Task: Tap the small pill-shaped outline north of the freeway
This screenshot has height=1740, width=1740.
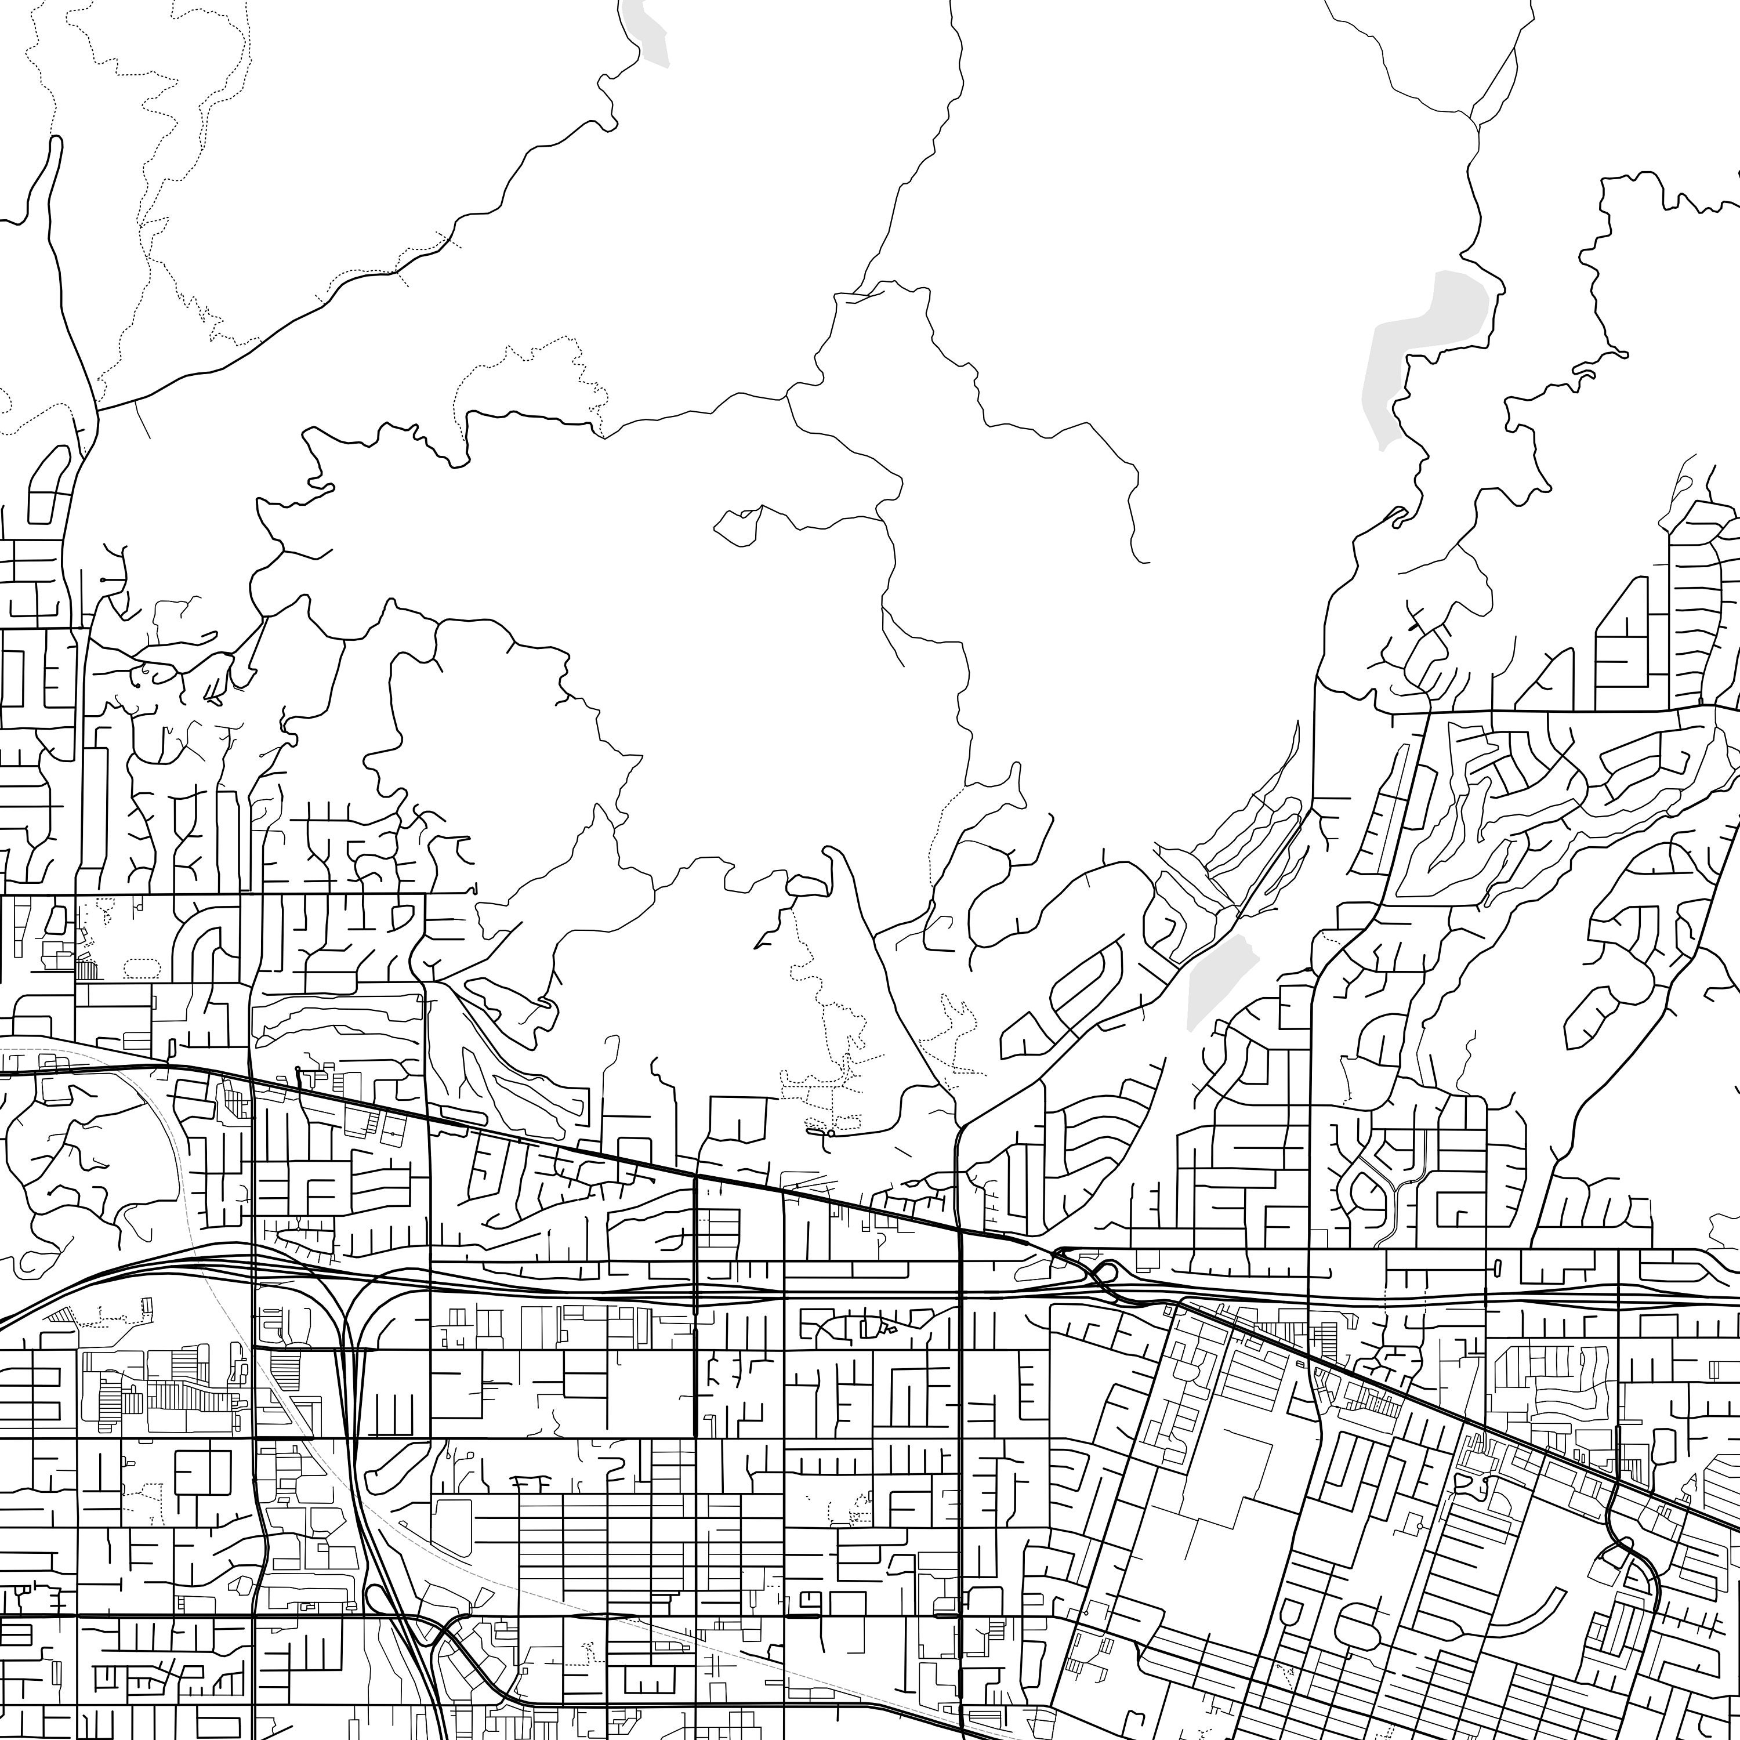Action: pyautogui.click(x=1497, y=1267)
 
